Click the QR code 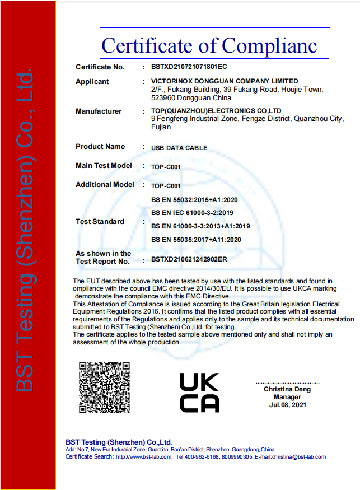[104, 387]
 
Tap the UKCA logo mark [199, 392]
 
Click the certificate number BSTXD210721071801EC [189, 67]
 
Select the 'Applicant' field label [92, 82]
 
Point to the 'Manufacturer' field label [99, 111]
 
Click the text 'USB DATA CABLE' [179, 148]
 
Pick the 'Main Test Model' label [104, 166]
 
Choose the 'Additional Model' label [105, 185]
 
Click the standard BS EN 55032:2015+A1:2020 [195, 199]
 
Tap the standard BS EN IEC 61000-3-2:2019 [192, 213]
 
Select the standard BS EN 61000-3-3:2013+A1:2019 [200, 226]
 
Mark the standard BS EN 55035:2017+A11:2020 [196, 240]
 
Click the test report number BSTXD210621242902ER [189, 260]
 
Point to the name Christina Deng [287, 389]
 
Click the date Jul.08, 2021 [288, 404]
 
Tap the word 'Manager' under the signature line [288, 397]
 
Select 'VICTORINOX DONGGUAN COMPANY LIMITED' [225, 82]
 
